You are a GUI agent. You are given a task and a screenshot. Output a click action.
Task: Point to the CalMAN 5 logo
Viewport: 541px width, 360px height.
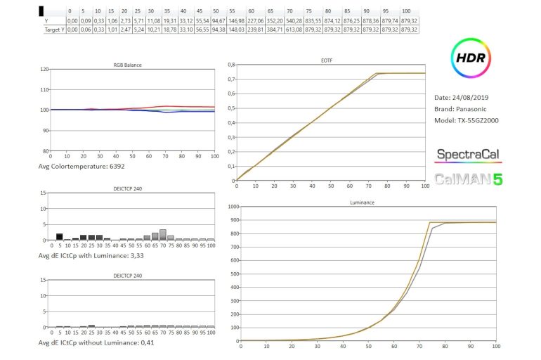[x=468, y=179]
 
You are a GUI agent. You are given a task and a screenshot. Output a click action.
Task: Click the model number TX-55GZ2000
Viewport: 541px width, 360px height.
[x=480, y=120]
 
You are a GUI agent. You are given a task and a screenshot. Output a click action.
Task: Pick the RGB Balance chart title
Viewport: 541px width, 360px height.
[x=127, y=65]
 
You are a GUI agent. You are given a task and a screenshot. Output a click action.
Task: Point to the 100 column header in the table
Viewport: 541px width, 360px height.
[x=406, y=12]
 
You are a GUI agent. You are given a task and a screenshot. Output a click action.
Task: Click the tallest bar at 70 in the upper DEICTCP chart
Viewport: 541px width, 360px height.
[x=162, y=235]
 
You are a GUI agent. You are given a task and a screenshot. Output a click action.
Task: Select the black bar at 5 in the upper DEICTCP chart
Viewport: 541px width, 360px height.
[x=60, y=237]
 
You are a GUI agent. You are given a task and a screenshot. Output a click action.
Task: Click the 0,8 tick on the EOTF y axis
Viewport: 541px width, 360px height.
[x=230, y=65]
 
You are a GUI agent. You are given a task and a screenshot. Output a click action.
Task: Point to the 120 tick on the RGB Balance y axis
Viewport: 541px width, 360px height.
[x=45, y=70]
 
